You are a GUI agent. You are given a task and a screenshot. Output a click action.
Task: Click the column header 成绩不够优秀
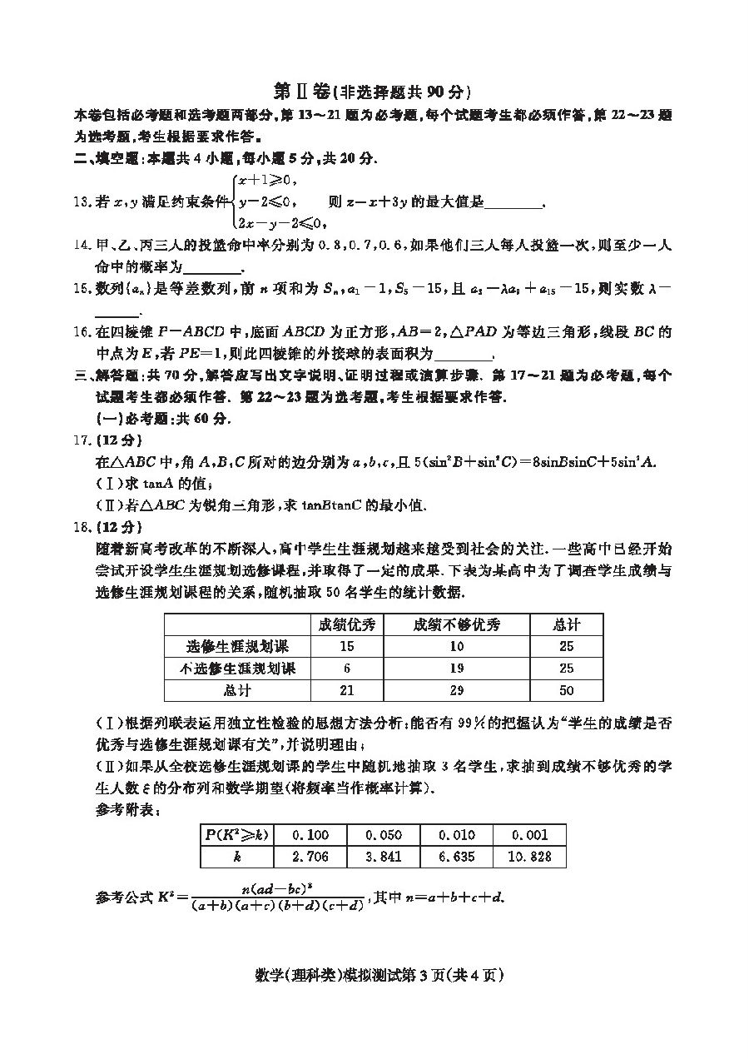pyautogui.click(x=457, y=624)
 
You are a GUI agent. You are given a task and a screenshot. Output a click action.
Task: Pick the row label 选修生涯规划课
pyautogui.click(x=237, y=646)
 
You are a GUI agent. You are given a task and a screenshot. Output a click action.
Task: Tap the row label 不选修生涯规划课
pyautogui.click(x=237, y=668)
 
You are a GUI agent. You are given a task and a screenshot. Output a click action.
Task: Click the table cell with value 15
pyautogui.click(x=347, y=646)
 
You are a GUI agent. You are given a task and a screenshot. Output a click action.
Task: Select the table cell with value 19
pyautogui.click(x=457, y=668)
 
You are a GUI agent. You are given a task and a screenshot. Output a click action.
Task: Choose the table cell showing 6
pyautogui.click(x=347, y=668)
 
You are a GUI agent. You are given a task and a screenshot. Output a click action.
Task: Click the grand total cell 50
pyautogui.click(x=567, y=690)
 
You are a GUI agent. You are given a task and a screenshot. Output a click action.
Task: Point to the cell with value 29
pyautogui.click(x=457, y=690)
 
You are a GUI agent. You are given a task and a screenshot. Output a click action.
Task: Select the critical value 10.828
pyautogui.click(x=529, y=857)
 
